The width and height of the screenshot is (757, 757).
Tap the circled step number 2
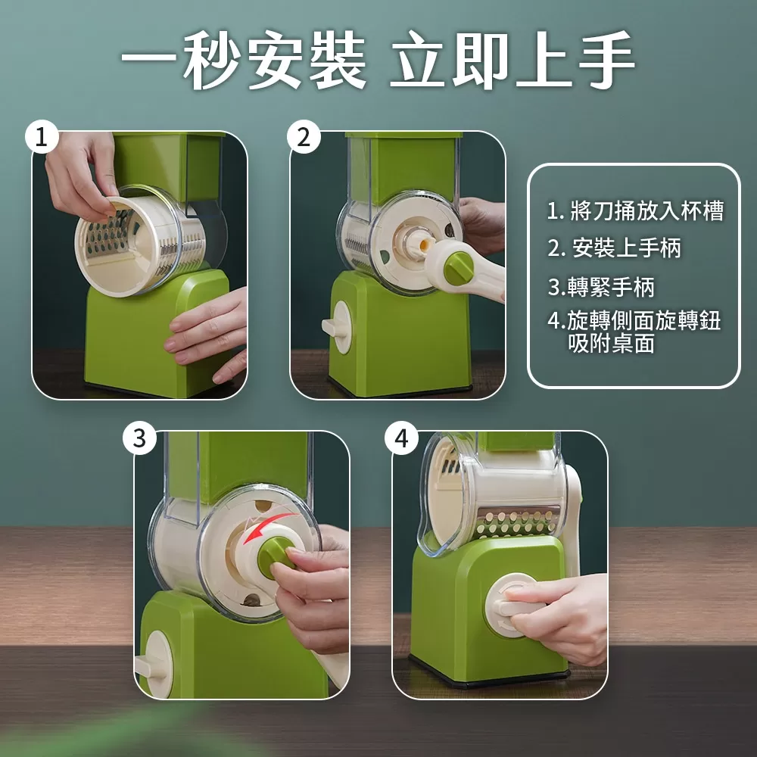[x=304, y=138]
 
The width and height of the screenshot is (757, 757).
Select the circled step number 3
[x=140, y=438]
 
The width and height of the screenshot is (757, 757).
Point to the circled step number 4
[x=401, y=438]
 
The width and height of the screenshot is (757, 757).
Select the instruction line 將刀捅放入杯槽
[x=635, y=211]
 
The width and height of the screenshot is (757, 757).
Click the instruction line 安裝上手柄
[x=615, y=248]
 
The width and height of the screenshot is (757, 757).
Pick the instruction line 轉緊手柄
[x=601, y=287]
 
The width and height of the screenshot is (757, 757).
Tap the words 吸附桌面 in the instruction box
[x=611, y=344]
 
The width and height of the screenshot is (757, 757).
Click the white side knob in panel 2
[x=339, y=327]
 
